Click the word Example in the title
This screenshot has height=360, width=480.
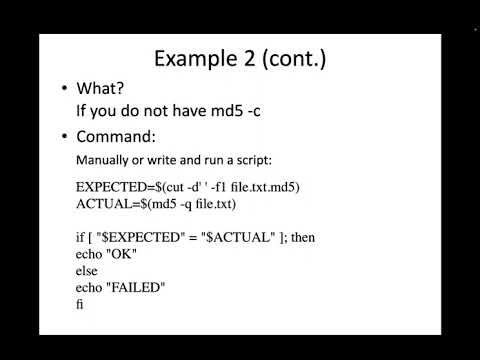[x=193, y=59]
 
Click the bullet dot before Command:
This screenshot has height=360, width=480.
[x=65, y=136]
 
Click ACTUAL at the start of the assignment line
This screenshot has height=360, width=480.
[x=99, y=203]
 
